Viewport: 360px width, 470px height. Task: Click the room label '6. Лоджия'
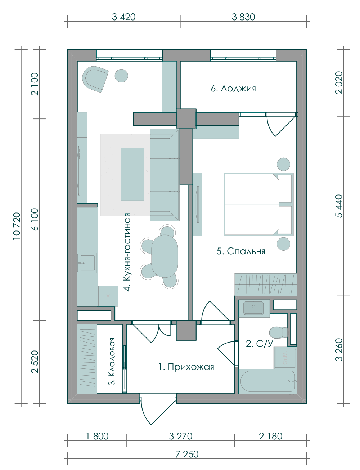click(x=233, y=89)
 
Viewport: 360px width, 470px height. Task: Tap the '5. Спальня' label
click(x=240, y=251)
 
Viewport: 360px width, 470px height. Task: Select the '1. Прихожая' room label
click(x=186, y=367)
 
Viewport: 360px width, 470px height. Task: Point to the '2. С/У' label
click(x=260, y=344)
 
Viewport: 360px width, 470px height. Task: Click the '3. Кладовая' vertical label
click(x=112, y=362)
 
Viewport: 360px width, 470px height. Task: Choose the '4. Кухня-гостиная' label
click(x=127, y=252)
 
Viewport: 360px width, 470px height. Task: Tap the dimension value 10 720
click(x=17, y=226)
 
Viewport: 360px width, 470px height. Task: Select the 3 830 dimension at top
click(x=243, y=17)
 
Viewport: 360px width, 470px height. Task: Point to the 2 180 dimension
click(x=270, y=436)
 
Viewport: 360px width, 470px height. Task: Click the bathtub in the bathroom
click(x=267, y=381)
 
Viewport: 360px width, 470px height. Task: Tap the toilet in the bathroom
click(x=278, y=332)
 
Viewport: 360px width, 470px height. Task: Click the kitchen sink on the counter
click(x=87, y=263)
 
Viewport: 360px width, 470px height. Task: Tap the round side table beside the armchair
click(x=121, y=76)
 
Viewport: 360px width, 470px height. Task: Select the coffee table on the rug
click(x=132, y=174)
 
